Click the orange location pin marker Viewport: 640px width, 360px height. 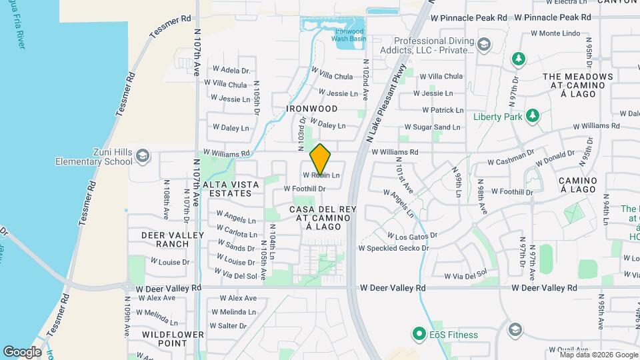321,159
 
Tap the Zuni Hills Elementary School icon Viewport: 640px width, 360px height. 141,156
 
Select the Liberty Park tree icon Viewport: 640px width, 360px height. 531,116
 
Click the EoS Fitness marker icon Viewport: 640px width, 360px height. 419,331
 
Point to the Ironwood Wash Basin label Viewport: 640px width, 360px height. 349,34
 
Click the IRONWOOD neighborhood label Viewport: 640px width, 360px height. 311,108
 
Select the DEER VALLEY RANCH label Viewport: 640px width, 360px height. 163,239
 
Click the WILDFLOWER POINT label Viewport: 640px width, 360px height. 164,338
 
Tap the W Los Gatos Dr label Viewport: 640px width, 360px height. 412,236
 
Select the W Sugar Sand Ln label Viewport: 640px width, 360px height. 431,127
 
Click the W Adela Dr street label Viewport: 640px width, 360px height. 230,70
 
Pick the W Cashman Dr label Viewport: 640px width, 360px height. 511,161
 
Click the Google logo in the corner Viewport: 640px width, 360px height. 22,351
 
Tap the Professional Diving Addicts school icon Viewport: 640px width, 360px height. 484,45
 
